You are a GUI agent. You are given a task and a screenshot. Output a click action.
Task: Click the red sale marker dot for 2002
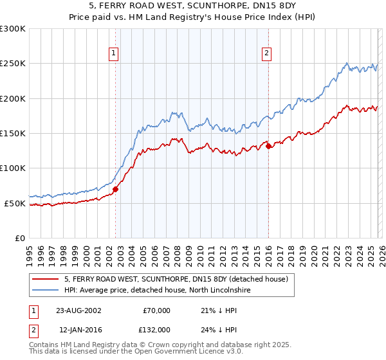[116, 190]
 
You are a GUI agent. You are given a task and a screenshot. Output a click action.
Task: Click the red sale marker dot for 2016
[268, 146]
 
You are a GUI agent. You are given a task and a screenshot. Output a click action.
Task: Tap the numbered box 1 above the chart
[113, 54]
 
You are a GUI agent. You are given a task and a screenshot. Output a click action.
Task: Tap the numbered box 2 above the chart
[266, 54]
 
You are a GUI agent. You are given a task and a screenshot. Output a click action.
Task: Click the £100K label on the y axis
[13, 168]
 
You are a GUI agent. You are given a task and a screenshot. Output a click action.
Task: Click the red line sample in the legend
[45, 279]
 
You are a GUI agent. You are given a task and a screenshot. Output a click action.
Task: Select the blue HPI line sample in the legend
[45, 290]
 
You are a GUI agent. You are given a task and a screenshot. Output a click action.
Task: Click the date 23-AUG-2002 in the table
[78, 310]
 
